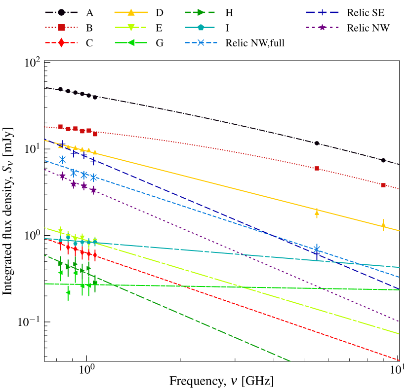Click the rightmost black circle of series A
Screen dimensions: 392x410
coord(383,160)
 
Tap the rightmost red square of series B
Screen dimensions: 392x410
coord(383,185)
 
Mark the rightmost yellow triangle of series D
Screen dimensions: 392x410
coord(383,226)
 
